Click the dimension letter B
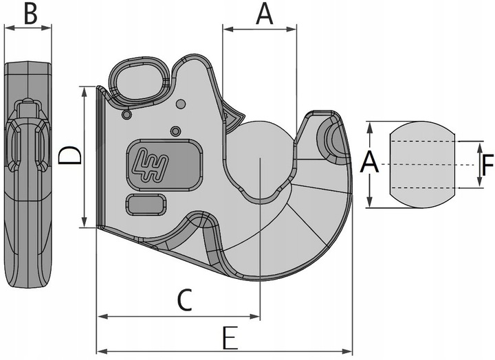[x=31, y=14]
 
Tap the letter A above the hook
[x=264, y=14]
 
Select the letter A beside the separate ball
[x=369, y=161]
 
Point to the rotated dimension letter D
[x=70, y=155]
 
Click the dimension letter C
[x=185, y=300]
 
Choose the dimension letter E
[x=230, y=338]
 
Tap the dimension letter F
[x=487, y=165]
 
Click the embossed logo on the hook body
[x=151, y=165]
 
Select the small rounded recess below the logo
[x=146, y=205]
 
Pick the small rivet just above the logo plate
[x=175, y=131]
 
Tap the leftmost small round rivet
[x=126, y=115]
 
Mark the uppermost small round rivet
[x=181, y=104]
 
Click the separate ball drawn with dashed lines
[x=422, y=164]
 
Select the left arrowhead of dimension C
[x=102, y=317]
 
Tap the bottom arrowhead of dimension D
[x=85, y=222]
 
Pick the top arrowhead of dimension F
[x=480, y=147]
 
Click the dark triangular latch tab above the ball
[x=233, y=117]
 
